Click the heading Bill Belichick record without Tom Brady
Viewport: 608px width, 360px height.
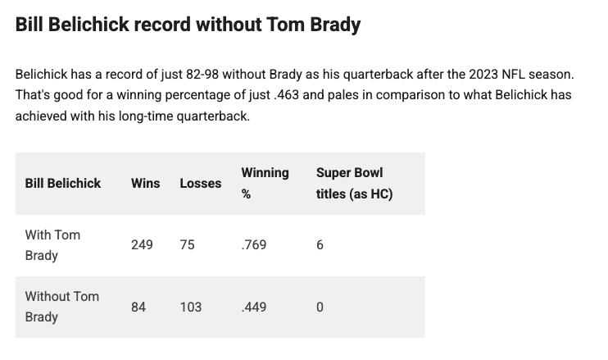click(x=188, y=25)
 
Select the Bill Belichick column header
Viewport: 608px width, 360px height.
click(x=63, y=183)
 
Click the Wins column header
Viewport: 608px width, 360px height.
click(x=145, y=183)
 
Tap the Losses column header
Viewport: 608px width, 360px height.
click(x=200, y=183)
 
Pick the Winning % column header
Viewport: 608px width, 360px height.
click(x=264, y=183)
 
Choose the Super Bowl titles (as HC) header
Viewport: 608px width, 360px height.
click(x=354, y=183)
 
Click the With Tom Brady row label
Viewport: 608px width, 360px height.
click(x=52, y=244)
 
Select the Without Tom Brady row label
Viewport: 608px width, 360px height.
click(x=61, y=306)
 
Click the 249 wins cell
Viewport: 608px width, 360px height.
click(x=142, y=244)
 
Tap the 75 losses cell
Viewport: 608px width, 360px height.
click(x=187, y=244)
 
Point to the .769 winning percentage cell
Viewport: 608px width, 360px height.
click(x=253, y=244)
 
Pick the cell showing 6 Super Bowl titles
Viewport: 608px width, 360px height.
click(x=320, y=244)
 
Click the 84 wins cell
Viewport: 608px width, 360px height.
click(x=138, y=307)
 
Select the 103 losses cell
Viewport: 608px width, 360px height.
click(x=190, y=307)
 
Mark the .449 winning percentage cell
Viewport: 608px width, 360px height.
click(x=253, y=307)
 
